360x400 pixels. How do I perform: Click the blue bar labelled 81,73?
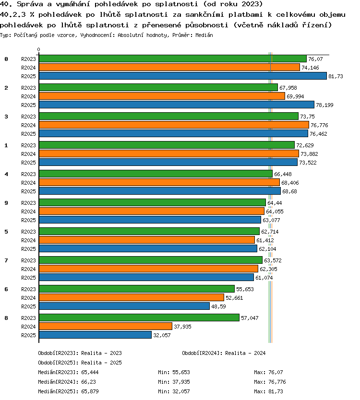(x=183, y=76)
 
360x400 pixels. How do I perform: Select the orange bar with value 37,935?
(x=106, y=326)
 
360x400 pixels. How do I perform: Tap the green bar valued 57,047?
(x=139, y=318)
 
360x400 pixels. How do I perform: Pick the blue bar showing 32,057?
(x=95, y=335)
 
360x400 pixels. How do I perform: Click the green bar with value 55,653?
(x=137, y=289)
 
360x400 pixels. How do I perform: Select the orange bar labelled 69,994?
(x=162, y=96)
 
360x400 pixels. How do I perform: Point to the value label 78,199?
(x=324, y=105)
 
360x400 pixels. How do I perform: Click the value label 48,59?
(x=218, y=306)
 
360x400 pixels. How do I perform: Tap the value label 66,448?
(x=283, y=174)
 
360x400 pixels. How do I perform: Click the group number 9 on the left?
(x=6, y=203)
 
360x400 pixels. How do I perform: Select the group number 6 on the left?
(x=6, y=289)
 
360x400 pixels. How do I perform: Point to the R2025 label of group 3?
(x=28, y=134)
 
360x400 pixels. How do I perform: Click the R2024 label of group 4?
(x=28, y=183)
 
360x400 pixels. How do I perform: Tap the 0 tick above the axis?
(x=38, y=49)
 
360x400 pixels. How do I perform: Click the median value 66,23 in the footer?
(x=88, y=382)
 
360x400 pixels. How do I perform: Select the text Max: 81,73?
(x=268, y=391)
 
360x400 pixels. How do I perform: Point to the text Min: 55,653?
(x=174, y=372)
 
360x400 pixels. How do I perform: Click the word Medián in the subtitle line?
(x=204, y=35)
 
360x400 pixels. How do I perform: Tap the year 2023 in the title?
(x=251, y=4)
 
